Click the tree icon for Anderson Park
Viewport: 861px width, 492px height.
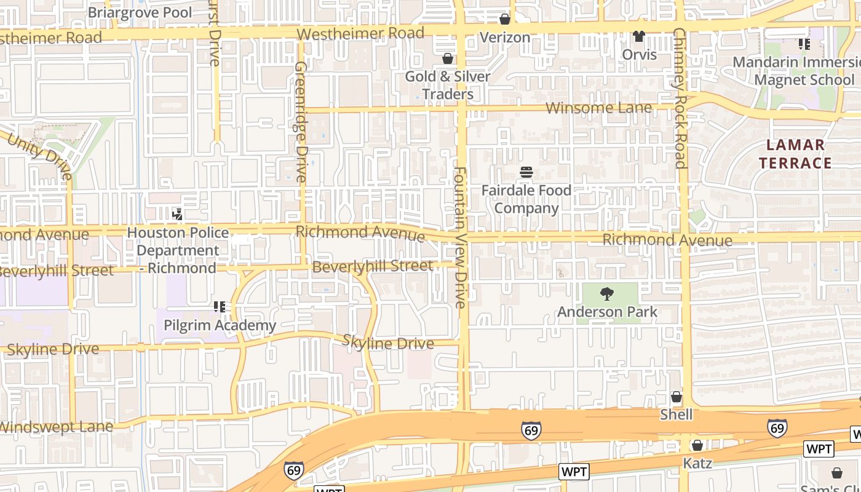[607, 294]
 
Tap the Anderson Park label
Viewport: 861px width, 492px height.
[607, 312]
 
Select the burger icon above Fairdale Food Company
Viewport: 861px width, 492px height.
[526, 172]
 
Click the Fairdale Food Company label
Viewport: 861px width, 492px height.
[526, 199]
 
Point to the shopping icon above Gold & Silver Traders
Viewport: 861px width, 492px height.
[448, 58]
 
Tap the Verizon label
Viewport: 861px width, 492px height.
[504, 38]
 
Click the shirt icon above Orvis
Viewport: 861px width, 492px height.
[639, 36]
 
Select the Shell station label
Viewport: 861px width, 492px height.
[676, 415]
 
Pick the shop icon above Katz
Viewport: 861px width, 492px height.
[697, 445]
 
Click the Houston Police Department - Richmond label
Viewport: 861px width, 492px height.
[178, 250]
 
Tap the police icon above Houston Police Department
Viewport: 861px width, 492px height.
[178, 215]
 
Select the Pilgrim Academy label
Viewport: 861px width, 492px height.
[220, 325]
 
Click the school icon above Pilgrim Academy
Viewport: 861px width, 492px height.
[220, 306]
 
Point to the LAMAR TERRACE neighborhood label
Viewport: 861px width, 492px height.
[795, 154]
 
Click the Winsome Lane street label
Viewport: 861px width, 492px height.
[598, 108]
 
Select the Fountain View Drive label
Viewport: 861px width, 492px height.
[461, 237]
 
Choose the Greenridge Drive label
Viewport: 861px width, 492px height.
[301, 121]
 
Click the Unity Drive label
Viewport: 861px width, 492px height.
[41, 156]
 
